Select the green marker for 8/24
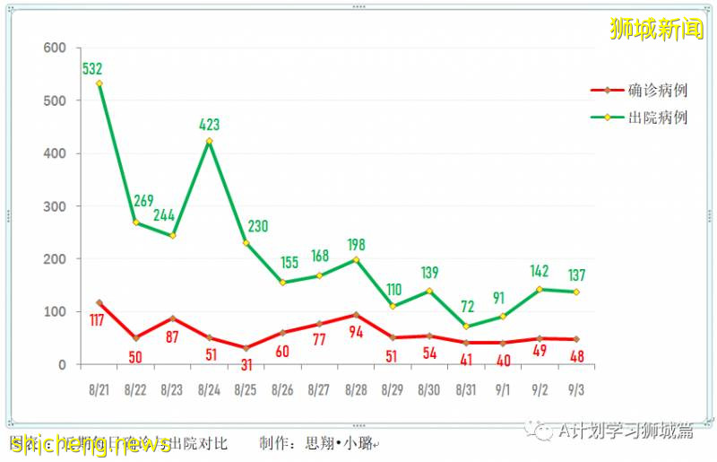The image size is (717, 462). [209, 141]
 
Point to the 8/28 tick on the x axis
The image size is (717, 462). [356, 390]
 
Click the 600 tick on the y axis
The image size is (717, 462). [56, 48]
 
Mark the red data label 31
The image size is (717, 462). [246, 365]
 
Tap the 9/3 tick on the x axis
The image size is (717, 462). [577, 390]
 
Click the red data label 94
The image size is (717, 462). [357, 334]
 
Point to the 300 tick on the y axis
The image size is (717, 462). [56, 206]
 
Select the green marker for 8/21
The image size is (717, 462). [99, 83]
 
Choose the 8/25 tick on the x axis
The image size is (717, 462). [246, 390]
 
